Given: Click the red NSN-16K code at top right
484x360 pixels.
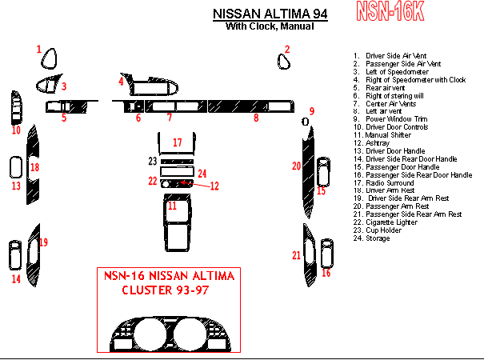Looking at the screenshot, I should click(390, 10).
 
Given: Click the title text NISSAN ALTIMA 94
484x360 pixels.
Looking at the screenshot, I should click(269, 14).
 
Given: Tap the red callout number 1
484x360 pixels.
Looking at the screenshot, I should click(38, 50).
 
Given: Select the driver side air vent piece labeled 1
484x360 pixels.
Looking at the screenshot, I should click(50, 60).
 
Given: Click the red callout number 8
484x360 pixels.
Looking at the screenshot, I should click(256, 118).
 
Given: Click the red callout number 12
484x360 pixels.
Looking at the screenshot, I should click(214, 186).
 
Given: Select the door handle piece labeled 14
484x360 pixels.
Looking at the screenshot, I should click(15, 254).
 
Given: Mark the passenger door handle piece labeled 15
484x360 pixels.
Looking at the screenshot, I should click(322, 171).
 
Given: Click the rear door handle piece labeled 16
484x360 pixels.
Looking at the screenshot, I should click(326, 252).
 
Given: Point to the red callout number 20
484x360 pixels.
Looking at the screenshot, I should click(296, 166).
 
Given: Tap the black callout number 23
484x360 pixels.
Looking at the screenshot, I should click(152, 162).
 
